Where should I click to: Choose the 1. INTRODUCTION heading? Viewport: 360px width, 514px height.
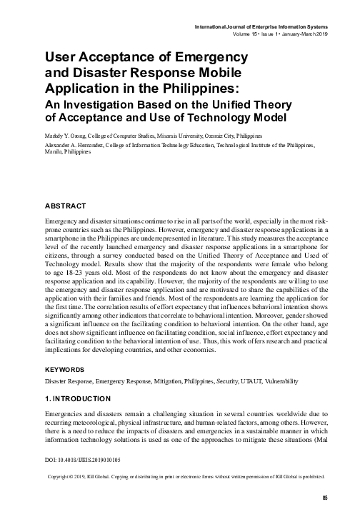tap(78, 398)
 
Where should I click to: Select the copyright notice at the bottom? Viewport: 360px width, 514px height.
tap(185, 476)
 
